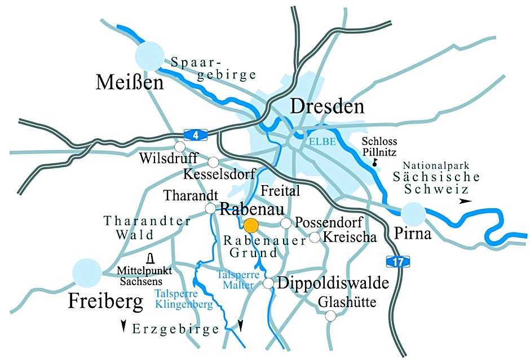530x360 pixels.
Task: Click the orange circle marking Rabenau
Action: pyautogui.click(x=251, y=226)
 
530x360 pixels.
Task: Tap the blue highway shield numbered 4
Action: pyautogui.click(x=196, y=134)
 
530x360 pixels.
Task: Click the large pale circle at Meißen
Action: pyautogui.click(x=150, y=56)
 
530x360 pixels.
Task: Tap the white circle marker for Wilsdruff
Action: pyautogui.click(x=180, y=147)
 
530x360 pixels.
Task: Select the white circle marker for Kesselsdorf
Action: pyautogui.click(x=213, y=163)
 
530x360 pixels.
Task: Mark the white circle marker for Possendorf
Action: pyautogui.click(x=286, y=223)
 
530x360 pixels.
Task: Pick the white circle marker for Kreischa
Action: pyautogui.click(x=315, y=238)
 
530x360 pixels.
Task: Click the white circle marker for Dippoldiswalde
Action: pyautogui.click(x=268, y=283)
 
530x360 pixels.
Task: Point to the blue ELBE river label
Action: pyautogui.click(x=322, y=143)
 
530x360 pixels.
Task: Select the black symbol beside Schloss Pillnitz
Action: pyautogui.click(x=374, y=162)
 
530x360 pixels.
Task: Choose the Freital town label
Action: pyautogui.click(x=280, y=191)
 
